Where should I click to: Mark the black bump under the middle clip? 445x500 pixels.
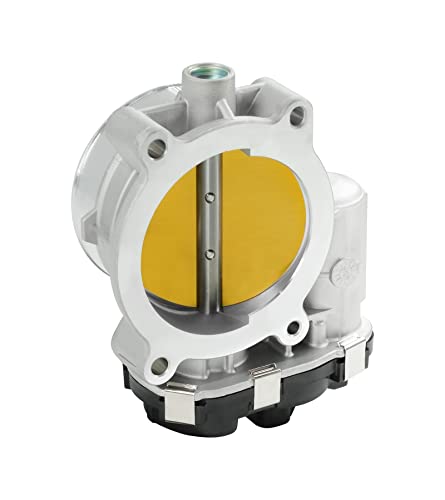tap(264, 429)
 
